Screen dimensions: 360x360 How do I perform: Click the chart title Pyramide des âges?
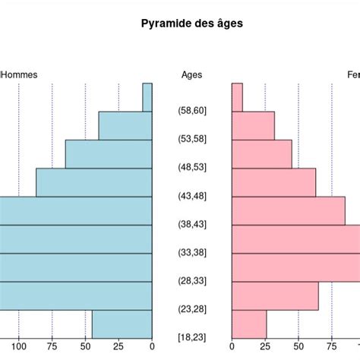[x=192, y=24]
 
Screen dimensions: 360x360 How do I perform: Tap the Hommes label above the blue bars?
[x=19, y=74]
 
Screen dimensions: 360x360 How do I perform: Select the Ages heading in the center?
[x=192, y=74]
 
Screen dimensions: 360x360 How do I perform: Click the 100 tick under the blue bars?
[x=19, y=347]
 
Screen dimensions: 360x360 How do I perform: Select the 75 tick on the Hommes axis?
[x=52, y=347]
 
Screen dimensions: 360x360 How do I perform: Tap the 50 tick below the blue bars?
[x=86, y=347]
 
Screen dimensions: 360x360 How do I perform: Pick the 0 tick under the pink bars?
[x=232, y=347]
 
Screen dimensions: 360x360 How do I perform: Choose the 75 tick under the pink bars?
[x=332, y=347]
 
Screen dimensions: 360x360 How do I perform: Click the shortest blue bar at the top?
[x=147, y=97]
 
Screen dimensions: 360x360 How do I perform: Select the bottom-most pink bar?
[x=249, y=324]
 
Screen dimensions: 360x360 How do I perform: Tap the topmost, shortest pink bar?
[x=237, y=97]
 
